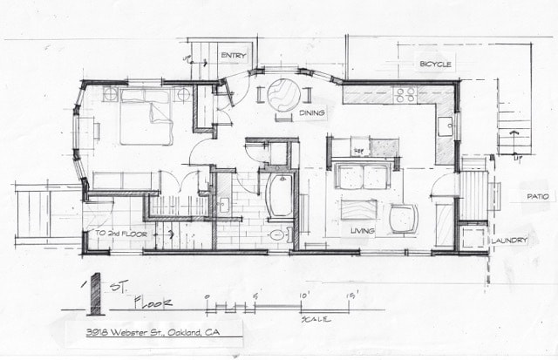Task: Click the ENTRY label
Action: (234, 55)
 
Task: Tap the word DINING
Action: (312, 113)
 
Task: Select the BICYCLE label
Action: (435, 65)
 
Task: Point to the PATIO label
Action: (536, 198)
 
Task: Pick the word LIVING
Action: (362, 231)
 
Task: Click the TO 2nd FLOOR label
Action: (121, 234)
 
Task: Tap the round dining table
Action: (285, 92)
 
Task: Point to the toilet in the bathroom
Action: (278, 234)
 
